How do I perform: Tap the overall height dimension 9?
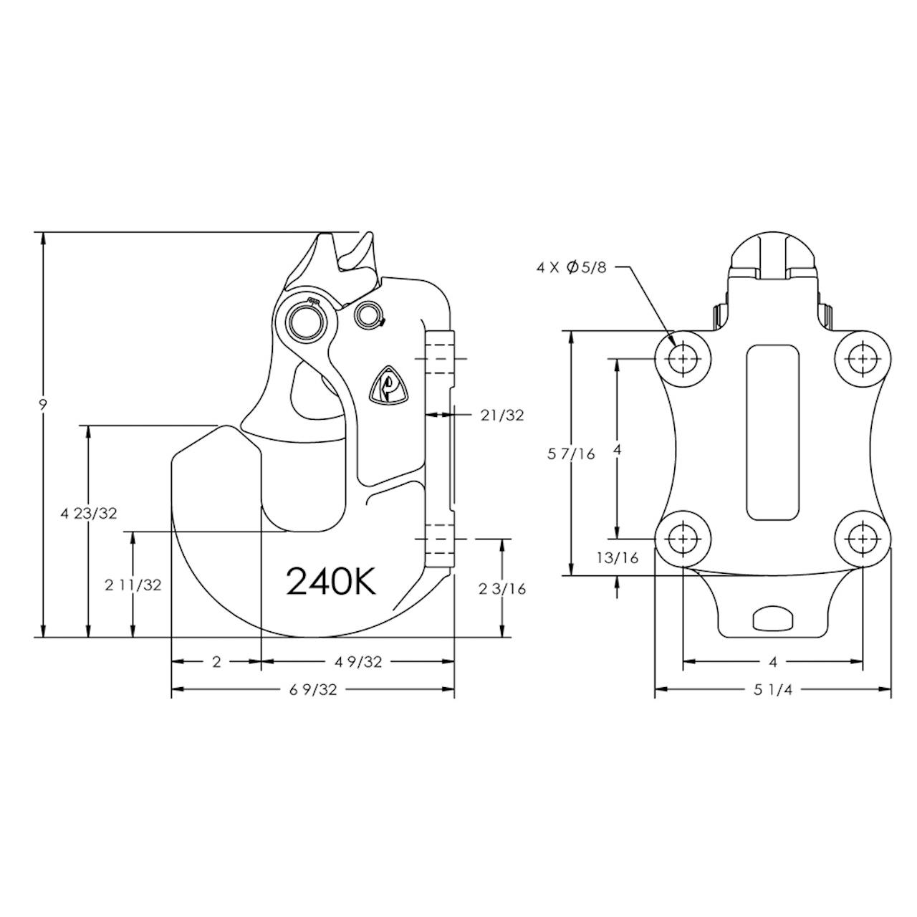click(x=43, y=405)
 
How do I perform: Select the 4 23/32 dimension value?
click(x=89, y=514)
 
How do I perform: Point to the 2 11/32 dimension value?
click(x=133, y=585)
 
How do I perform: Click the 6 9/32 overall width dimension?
click(x=313, y=690)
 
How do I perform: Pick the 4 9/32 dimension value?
click(x=358, y=662)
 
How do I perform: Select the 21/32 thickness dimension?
click(x=502, y=416)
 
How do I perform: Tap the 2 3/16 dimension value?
click(x=502, y=589)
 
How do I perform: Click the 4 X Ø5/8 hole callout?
click(x=572, y=268)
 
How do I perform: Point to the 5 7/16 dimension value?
click(x=572, y=454)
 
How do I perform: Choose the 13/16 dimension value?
click(x=618, y=557)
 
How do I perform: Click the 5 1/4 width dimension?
click(x=773, y=690)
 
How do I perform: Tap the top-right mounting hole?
click(x=863, y=359)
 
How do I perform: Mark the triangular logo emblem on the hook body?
click(x=388, y=385)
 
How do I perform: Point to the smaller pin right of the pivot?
click(x=369, y=315)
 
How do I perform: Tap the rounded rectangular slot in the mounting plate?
click(x=773, y=433)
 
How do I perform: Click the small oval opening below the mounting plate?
click(x=773, y=619)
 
